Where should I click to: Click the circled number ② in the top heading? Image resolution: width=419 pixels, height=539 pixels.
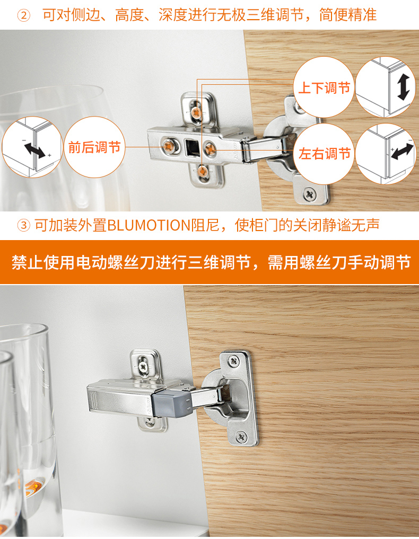coord(24,15)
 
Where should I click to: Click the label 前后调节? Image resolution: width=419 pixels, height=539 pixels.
coord(94,147)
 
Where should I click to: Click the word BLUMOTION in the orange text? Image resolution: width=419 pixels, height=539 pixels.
coord(148,225)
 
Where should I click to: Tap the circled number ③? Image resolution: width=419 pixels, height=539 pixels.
coord(24,225)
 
